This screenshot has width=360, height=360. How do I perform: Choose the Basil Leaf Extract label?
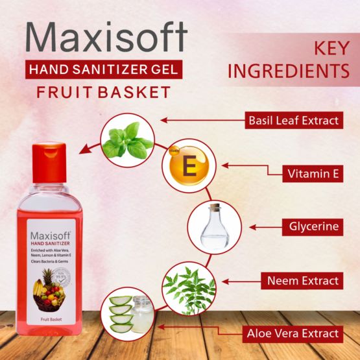(x=293, y=120)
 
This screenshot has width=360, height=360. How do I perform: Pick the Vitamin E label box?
(x=311, y=173)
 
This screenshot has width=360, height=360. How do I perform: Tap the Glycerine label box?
(x=311, y=227)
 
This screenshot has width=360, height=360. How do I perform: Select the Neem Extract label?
(x=302, y=281)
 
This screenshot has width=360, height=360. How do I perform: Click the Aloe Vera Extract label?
(x=292, y=333)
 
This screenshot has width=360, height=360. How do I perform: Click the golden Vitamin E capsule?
(x=188, y=168)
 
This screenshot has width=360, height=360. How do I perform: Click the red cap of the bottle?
(x=49, y=162)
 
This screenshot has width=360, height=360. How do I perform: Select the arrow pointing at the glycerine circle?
(x=263, y=227)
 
